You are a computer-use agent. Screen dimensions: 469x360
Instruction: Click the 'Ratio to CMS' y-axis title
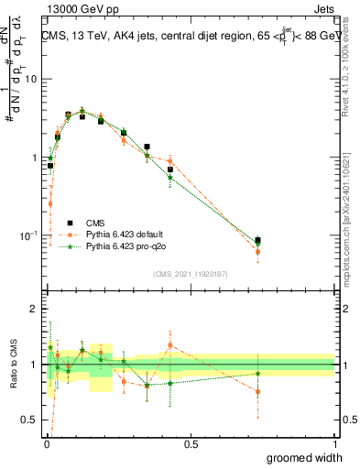coord(12,365)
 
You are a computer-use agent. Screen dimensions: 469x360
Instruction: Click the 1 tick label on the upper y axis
coord(33,158)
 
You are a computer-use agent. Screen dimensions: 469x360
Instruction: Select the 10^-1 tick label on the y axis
coord(28,235)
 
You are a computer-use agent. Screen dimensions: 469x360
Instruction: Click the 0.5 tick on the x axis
coord(191,444)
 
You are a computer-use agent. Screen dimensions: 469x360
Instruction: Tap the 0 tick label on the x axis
coord(46,444)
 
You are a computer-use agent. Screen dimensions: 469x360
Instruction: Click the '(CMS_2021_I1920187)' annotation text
coord(190,272)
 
